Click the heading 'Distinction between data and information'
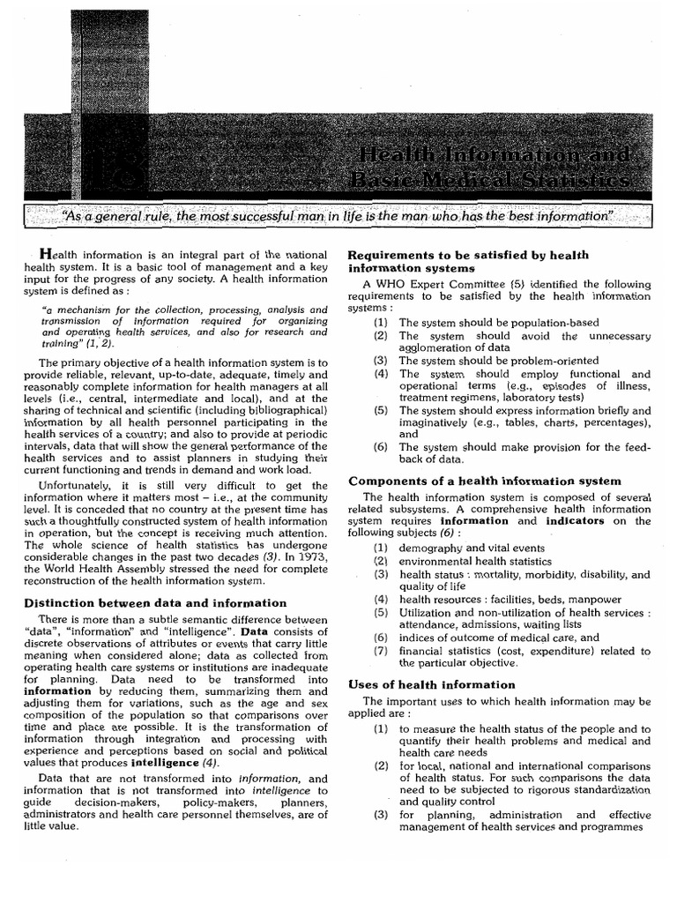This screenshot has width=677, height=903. point(163,603)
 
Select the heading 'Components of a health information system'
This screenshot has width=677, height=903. point(485,481)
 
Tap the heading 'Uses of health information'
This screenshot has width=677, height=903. point(432,684)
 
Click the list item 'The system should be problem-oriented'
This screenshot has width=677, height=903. point(498,361)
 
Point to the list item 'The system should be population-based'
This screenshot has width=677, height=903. point(498,324)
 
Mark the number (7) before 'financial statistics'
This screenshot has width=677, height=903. point(380,652)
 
